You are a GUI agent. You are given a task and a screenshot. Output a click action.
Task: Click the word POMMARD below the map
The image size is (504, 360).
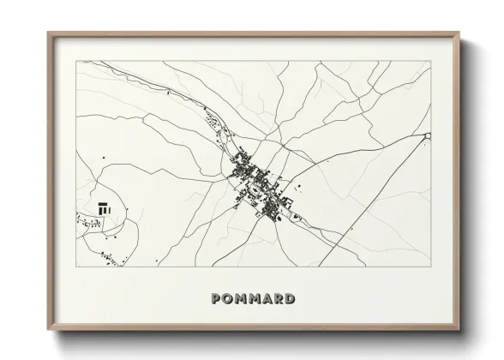point(253,299)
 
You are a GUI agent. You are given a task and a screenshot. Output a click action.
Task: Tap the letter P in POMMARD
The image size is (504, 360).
point(216,299)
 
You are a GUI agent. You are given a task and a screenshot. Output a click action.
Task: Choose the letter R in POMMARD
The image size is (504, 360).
point(279,299)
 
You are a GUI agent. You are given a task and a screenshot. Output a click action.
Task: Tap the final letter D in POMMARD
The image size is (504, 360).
point(291,299)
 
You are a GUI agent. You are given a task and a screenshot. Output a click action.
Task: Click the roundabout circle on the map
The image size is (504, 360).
point(427,135)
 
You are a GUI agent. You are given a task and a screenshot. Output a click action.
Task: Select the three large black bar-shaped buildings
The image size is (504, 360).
point(105,207)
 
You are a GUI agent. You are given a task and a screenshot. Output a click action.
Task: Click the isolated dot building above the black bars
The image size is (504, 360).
point(104,157)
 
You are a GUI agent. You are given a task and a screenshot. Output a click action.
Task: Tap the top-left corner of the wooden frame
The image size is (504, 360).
point(49,33)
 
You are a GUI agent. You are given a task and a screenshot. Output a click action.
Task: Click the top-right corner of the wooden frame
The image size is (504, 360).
point(459,33)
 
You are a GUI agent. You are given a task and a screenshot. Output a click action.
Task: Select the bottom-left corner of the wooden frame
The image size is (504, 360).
point(49,330)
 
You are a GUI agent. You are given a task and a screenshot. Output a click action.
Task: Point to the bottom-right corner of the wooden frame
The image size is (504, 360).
point(459,330)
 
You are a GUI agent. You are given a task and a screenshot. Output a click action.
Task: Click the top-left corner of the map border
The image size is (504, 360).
point(76,62)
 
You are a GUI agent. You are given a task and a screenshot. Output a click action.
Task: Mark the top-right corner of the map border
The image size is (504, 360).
point(431,62)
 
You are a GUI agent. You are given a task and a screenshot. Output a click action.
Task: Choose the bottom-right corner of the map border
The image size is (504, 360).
point(431,267)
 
